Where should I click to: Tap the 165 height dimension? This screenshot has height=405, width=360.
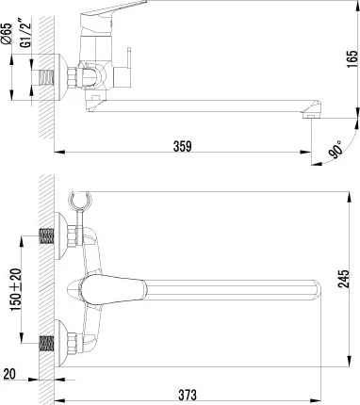(352, 61)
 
